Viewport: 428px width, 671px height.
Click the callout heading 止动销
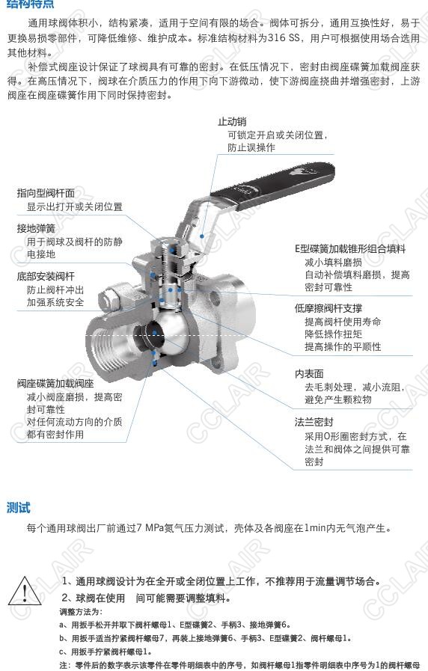tap(232, 122)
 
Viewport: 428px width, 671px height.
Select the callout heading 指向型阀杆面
tap(46, 193)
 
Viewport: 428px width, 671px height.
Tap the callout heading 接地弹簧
tap(37, 228)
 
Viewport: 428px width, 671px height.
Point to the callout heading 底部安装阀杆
tap(46, 276)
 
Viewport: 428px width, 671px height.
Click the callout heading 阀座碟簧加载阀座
tap(55, 383)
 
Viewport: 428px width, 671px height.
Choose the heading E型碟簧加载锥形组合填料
tap(350, 248)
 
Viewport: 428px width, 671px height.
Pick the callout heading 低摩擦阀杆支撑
tap(328, 308)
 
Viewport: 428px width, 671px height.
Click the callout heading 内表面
tap(309, 373)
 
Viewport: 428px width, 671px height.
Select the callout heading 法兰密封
tap(314, 422)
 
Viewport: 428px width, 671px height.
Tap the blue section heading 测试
tap(19, 508)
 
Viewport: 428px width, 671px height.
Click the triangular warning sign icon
tap(25, 591)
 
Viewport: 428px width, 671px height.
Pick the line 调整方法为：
tap(81, 612)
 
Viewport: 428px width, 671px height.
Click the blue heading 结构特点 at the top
tap(31, 4)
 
